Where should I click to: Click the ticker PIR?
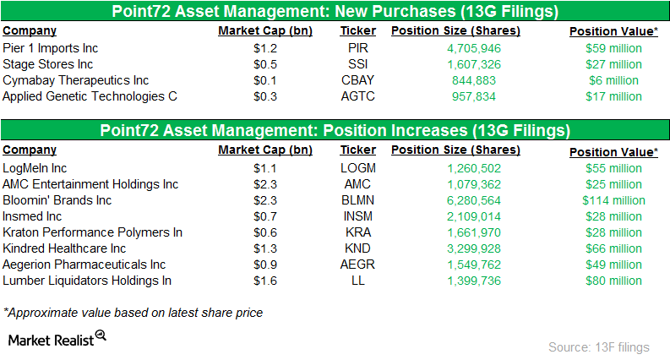click(358, 48)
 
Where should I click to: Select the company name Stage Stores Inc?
click(43, 64)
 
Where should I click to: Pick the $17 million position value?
click(613, 96)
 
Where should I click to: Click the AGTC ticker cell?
click(358, 96)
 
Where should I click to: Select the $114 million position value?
click(613, 200)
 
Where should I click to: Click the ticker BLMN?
click(358, 200)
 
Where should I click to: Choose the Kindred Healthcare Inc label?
click(64, 248)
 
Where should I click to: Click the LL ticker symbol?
click(358, 281)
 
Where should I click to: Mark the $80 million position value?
click(613, 281)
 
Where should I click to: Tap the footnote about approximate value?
click(133, 313)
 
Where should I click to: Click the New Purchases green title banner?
click(335, 12)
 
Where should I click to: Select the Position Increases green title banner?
click(335, 131)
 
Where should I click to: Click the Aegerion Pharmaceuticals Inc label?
click(84, 265)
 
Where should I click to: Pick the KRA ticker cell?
click(358, 232)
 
